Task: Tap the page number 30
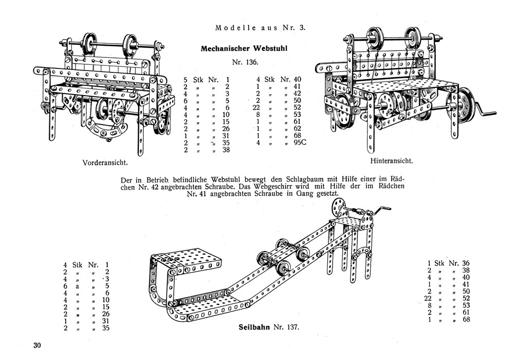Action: click(x=37, y=345)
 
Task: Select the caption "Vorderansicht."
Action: click(x=105, y=163)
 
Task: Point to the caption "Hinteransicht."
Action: click(x=392, y=160)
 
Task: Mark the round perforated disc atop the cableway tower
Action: click(x=338, y=207)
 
